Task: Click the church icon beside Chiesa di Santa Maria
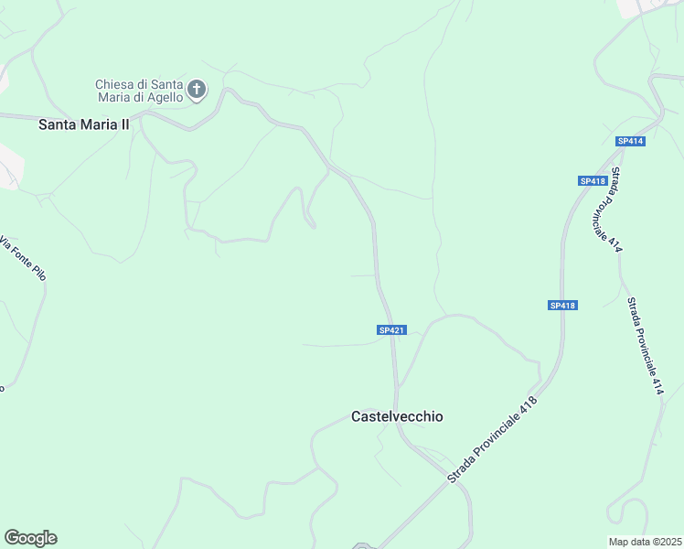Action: coord(197,90)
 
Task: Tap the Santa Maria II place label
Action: coord(84,124)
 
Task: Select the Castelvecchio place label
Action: coord(397,416)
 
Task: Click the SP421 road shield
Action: coord(390,329)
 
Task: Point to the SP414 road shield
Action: coord(630,141)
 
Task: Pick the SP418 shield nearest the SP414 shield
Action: coord(593,181)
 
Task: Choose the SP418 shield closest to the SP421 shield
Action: coord(563,306)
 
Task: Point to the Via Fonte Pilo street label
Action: coord(23,258)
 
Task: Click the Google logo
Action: coord(30,538)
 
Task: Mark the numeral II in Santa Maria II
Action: coord(123,124)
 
